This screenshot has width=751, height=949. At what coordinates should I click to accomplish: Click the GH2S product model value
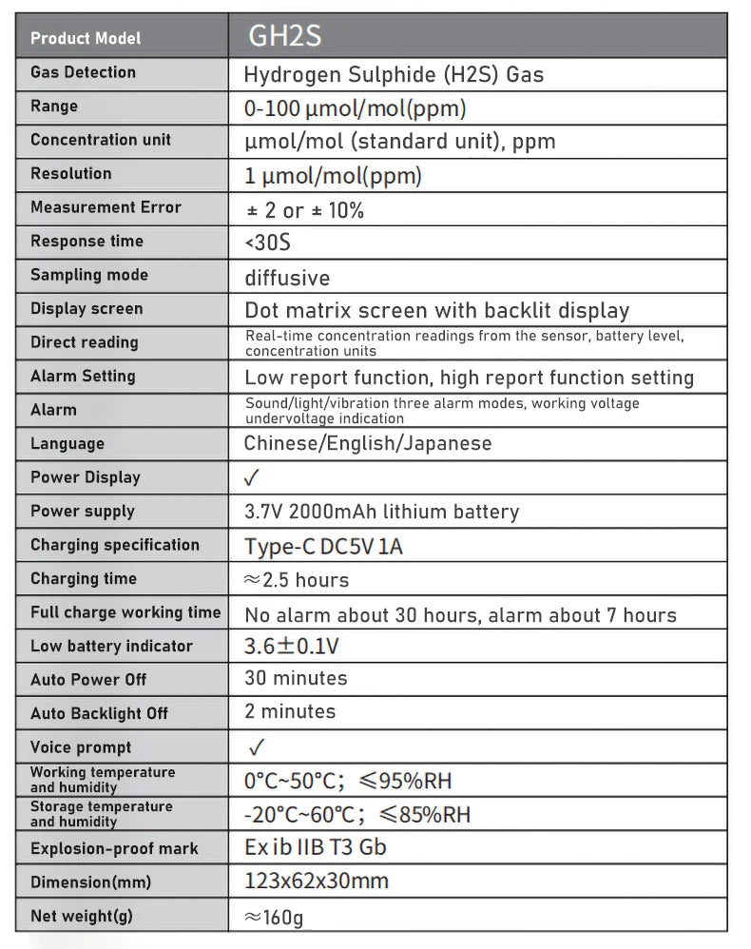tap(285, 37)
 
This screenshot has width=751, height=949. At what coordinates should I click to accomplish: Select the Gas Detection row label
tap(83, 72)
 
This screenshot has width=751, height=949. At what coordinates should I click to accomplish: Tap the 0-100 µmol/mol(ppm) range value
tap(355, 108)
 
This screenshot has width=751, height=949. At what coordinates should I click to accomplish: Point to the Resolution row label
tap(70, 174)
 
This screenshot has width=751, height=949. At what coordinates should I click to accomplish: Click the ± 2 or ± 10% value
tap(304, 210)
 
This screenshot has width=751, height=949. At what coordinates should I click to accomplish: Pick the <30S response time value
tap(267, 242)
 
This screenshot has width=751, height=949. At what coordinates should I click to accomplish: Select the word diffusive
tap(287, 278)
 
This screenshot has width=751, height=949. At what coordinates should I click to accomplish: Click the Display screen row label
tap(87, 309)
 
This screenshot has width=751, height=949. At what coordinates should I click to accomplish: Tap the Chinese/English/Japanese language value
tap(368, 444)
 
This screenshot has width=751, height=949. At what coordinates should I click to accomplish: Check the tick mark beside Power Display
tap(252, 477)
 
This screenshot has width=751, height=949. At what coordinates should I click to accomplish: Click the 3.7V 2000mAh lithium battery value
tap(381, 512)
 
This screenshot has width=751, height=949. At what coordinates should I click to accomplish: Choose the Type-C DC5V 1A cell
tap(323, 547)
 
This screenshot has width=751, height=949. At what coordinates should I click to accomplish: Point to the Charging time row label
tap(84, 579)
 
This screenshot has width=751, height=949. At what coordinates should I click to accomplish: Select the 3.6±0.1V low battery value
tap(292, 647)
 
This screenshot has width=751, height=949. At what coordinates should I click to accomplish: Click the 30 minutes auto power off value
tap(296, 679)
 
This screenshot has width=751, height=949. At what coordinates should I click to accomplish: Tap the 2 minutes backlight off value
tap(290, 711)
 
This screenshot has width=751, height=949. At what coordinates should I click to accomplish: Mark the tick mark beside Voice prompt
tap(254, 747)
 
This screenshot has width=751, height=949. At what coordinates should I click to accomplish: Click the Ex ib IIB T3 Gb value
tap(315, 846)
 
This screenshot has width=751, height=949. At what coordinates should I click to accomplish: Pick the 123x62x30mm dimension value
tap(317, 881)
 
